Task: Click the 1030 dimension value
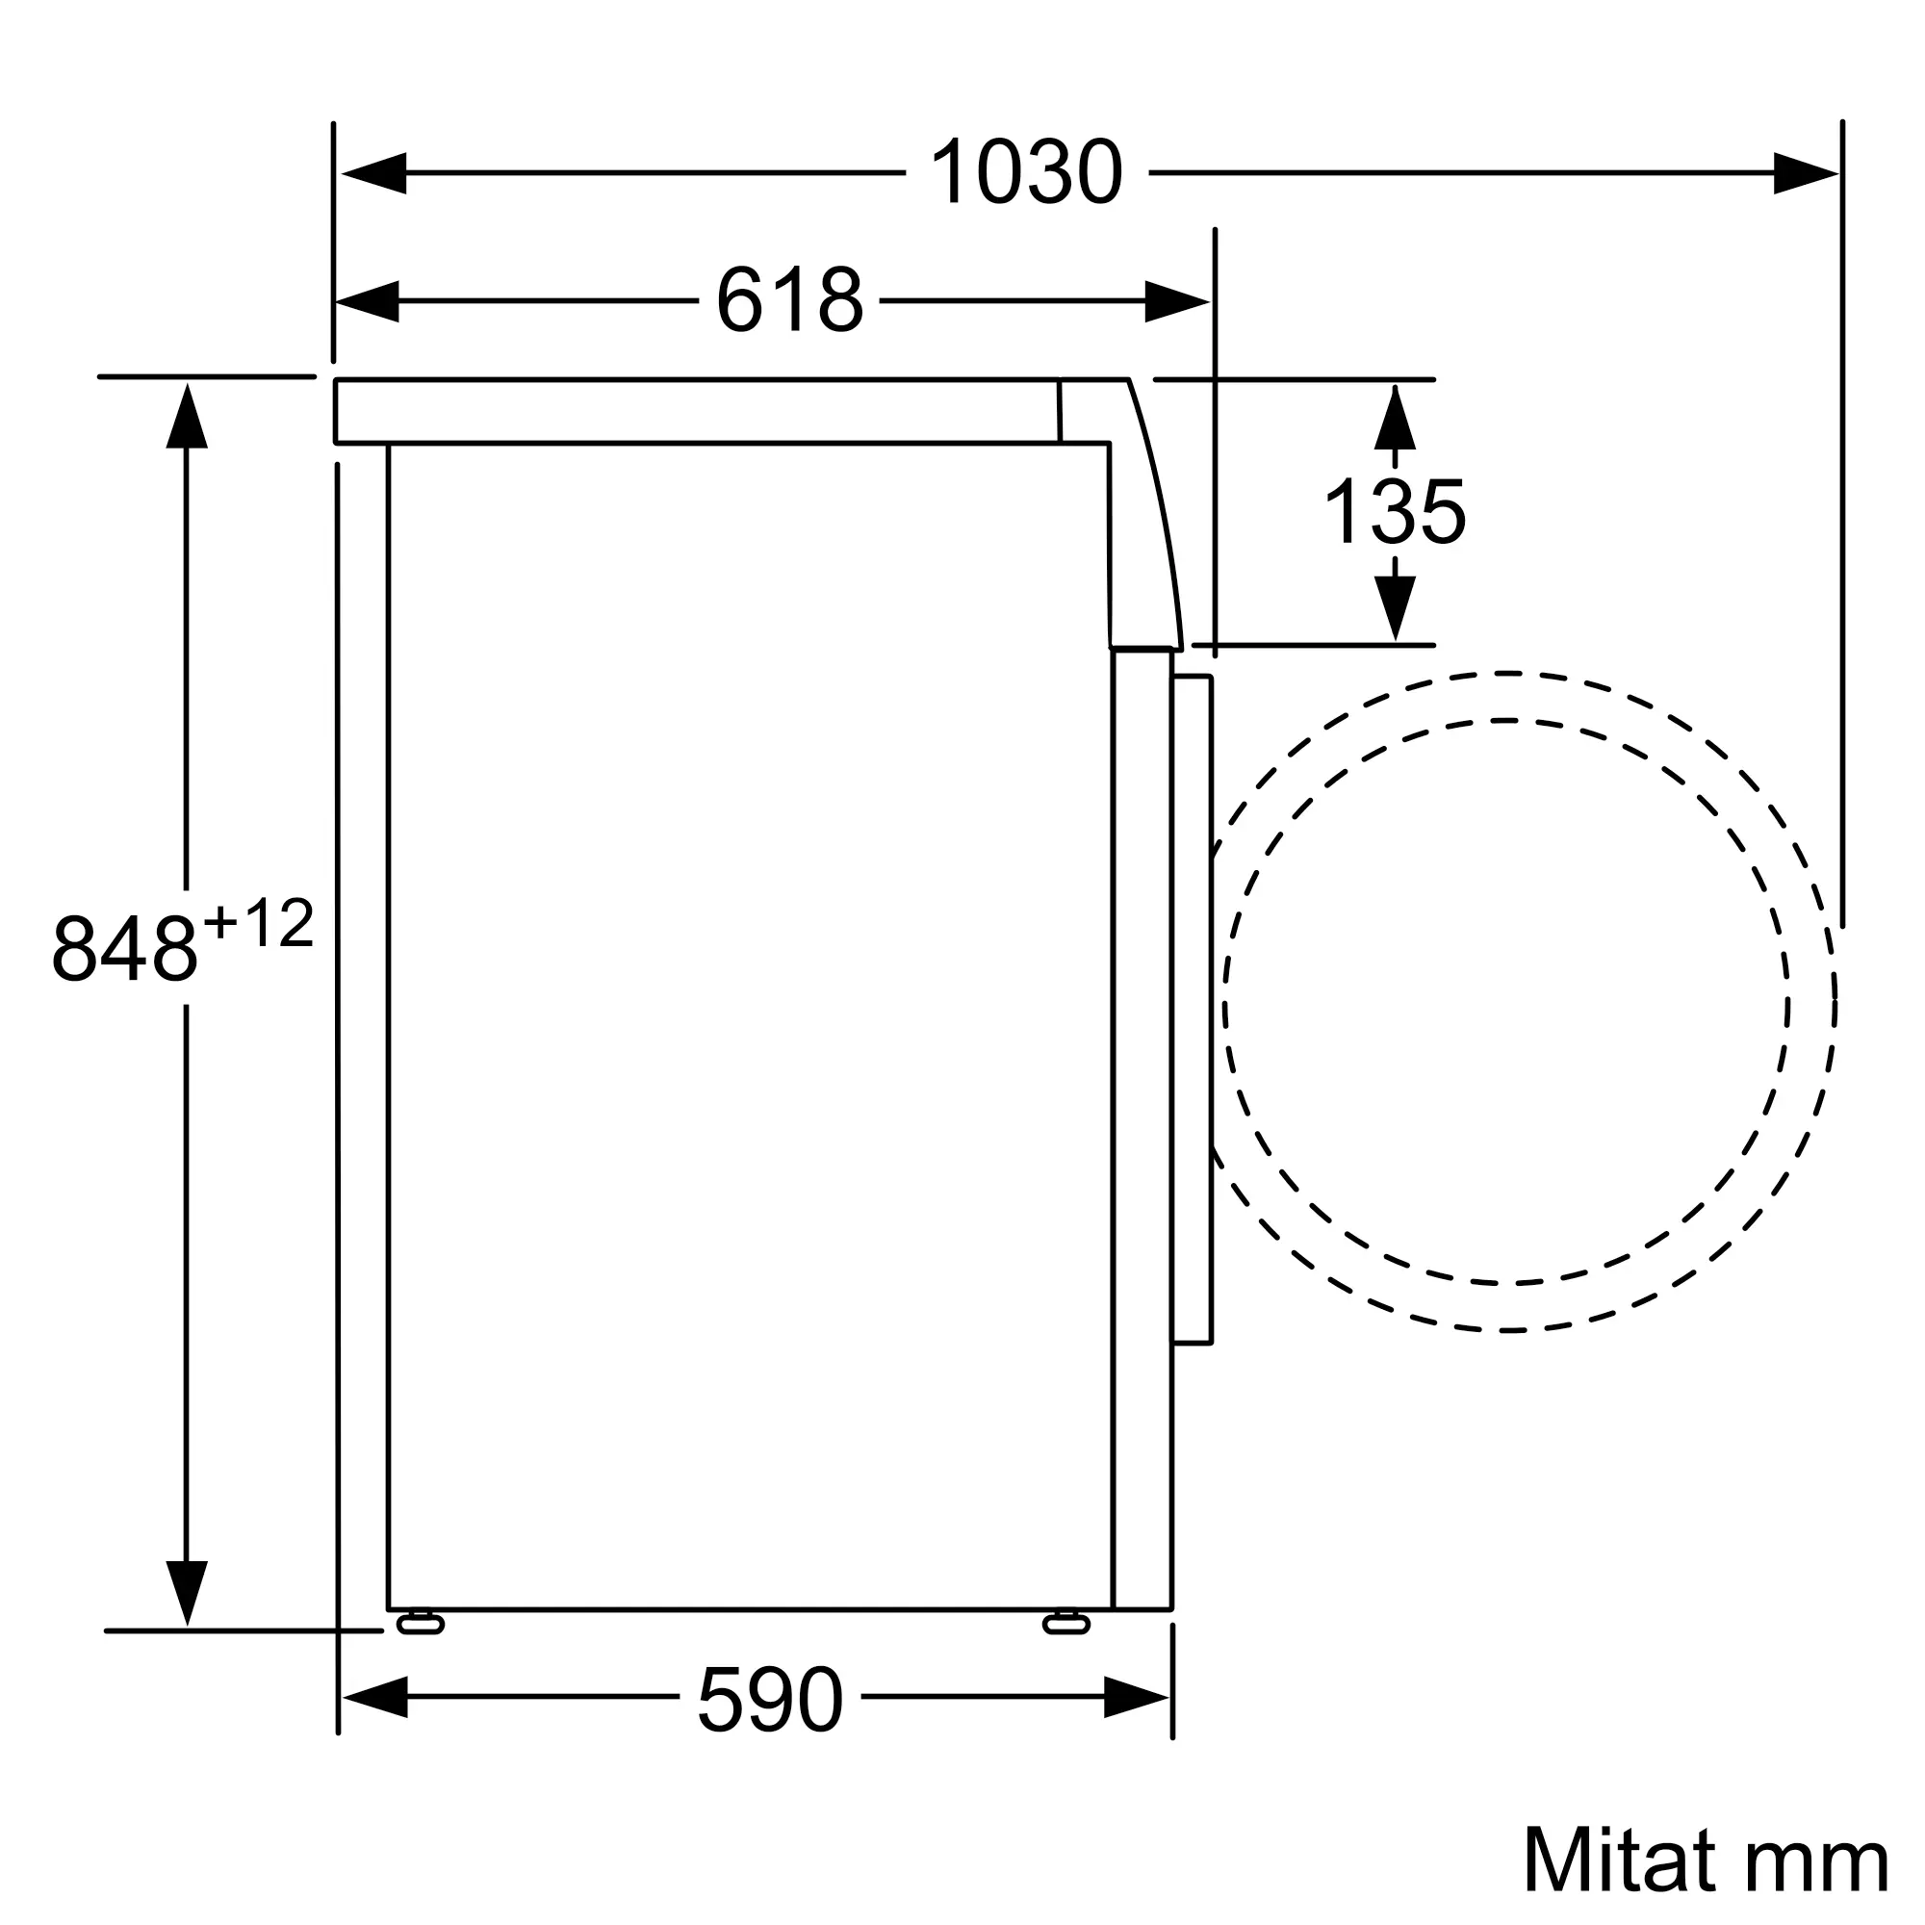[x=1026, y=172]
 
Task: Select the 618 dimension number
[x=789, y=300]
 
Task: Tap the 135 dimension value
[x=1394, y=511]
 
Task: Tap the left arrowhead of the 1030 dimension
[x=373, y=173]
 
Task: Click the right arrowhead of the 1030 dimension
[x=1806, y=173]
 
